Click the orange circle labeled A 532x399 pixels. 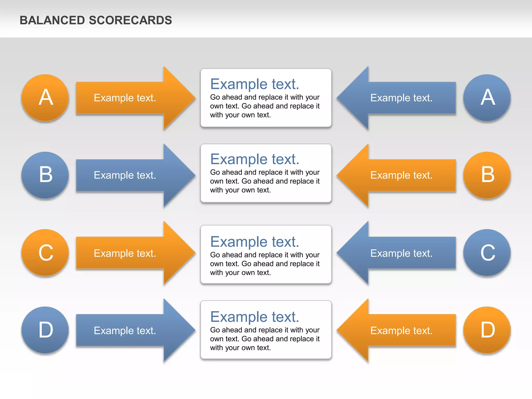pos(45,98)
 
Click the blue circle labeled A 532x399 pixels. pos(487,98)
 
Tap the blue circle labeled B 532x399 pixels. pos(45,175)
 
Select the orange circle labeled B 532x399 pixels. pos(487,175)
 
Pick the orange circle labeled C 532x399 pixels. pos(45,252)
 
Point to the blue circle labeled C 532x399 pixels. pos(487,252)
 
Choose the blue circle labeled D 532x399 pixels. pos(45,330)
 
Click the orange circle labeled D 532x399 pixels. pos(487,330)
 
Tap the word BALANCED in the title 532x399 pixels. pos(52,20)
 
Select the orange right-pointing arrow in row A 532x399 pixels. pos(130,98)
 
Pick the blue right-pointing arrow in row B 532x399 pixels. pos(130,175)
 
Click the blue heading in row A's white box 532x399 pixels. pos(255,84)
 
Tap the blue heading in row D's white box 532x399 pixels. pos(255,317)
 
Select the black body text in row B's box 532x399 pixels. pos(264,181)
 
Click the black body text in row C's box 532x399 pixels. pos(264,264)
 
